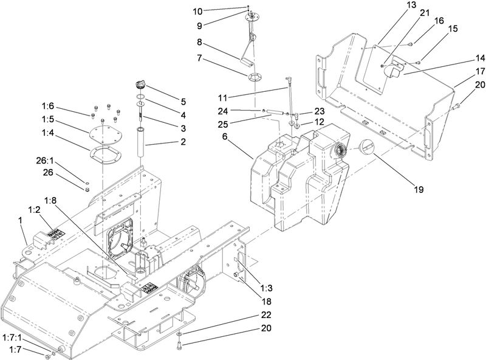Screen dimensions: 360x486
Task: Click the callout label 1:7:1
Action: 13,336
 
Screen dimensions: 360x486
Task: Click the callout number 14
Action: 463,58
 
